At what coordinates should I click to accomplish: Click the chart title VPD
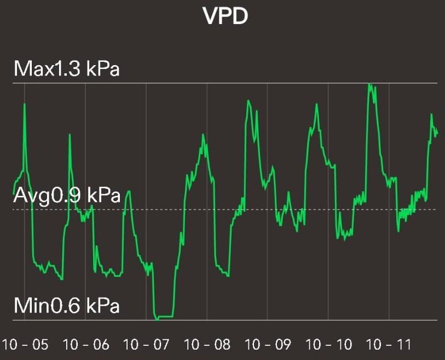pyautogui.click(x=226, y=16)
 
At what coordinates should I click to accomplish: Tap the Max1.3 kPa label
pyautogui.click(x=66, y=69)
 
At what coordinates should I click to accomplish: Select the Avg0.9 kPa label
pyautogui.click(x=66, y=195)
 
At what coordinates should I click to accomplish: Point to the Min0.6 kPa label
pyautogui.click(x=66, y=305)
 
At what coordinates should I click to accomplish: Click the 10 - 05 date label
pyautogui.click(x=25, y=345)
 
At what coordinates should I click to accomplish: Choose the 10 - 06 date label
pyautogui.click(x=86, y=345)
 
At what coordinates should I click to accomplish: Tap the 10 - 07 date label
pyautogui.click(x=147, y=345)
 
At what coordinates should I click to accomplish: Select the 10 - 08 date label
pyautogui.click(x=207, y=345)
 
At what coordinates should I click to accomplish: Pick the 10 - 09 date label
pyautogui.click(x=268, y=345)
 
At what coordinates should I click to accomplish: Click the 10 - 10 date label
pyautogui.click(x=328, y=345)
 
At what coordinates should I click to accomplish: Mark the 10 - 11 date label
pyautogui.click(x=389, y=345)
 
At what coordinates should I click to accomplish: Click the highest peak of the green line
pyautogui.click(x=371, y=84)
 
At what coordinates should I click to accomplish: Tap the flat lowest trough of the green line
pyautogui.click(x=165, y=317)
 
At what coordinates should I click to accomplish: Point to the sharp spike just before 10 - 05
pyautogui.click(x=25, y=104)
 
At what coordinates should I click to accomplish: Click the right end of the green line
pyautogui.click(x=437, y=133)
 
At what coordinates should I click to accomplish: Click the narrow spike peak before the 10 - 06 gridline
pyautogui.click(x=70, y=135)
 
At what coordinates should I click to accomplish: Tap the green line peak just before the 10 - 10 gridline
pyautogui.click(x=317, y=104)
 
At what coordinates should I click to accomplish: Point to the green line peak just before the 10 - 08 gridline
pyautogui.click(x=203, y=135)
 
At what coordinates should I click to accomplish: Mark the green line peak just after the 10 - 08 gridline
pyautogui.click(x=248, y=101)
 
